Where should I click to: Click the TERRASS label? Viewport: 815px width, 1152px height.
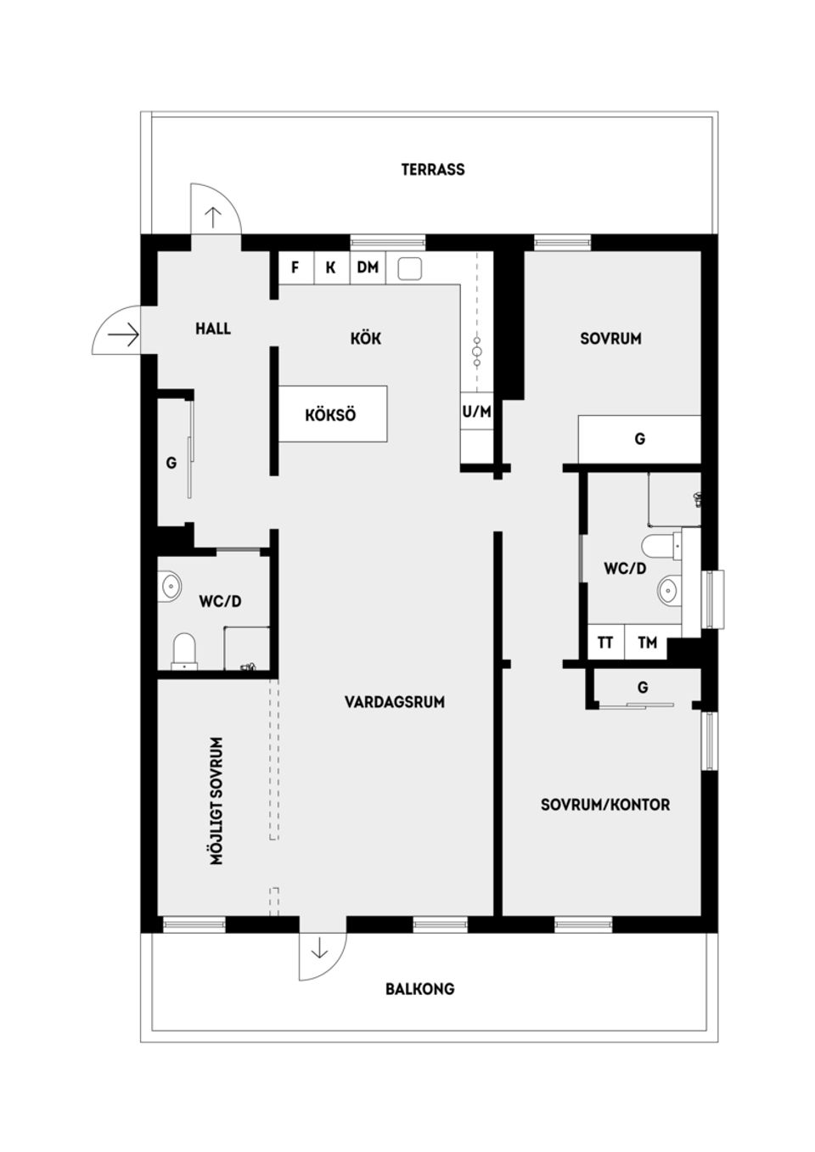(x=433, y=170)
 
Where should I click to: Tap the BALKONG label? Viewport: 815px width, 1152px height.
(x=419, y=989)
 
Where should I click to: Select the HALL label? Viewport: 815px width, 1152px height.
(x=213, y=329)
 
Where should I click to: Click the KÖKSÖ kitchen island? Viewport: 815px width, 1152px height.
(x=332, y=414)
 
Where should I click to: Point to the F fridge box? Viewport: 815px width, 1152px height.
(x=295, y=267)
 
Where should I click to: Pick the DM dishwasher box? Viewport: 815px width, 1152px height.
(x=368, y=267)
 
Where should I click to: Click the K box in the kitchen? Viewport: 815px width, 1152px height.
(x=331, y=267)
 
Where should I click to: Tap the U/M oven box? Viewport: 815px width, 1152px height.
(x=476, y=412)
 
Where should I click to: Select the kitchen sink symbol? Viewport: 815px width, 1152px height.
(x=410, y=268)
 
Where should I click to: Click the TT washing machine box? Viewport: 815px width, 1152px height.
(x=605, y=643)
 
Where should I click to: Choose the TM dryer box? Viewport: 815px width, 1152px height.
(x=647, y=643)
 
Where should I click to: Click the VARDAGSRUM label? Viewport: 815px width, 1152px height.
(x=394, y=702)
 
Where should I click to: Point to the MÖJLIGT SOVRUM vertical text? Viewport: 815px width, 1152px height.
(x=217, y=801)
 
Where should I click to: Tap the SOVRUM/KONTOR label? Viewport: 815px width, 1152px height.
(x=605, y=804)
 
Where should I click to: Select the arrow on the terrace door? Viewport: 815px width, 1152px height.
(x=212, y=217)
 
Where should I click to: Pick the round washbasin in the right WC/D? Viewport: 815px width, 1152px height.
(x=669, y=589)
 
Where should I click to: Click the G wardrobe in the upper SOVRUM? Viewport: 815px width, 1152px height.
(x=639, y=439)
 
